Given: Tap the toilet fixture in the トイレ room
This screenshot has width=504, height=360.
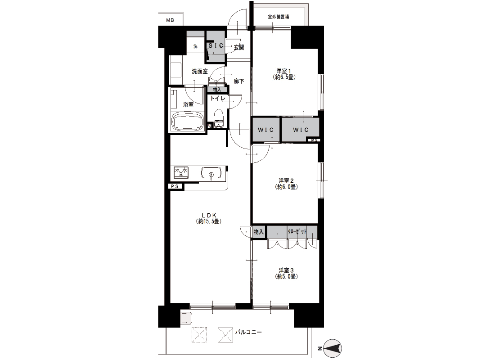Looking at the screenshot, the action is [x=219, y=119].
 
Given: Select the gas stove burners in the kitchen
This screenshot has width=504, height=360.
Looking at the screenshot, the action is [x=181, y=173].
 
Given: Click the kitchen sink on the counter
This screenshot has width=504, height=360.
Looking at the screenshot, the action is [x=211, y=173].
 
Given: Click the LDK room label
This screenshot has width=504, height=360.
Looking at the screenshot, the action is [x=208, y=218].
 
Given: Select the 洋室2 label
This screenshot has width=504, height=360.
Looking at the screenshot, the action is [x=286, y=184].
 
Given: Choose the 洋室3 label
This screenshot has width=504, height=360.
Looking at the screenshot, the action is [x=286, y=273].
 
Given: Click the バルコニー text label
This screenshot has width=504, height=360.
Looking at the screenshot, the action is [x=248, y=332].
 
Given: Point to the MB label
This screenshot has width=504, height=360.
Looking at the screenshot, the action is [x=170, y=20].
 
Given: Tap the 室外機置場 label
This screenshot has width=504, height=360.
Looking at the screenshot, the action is [x=279, y=17].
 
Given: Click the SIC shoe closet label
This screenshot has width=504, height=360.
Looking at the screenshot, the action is [x=216, y=46].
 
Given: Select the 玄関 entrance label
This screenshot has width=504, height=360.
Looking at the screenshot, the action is [x=239, y=48].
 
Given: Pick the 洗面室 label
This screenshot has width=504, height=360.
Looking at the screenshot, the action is [x=200, y=72].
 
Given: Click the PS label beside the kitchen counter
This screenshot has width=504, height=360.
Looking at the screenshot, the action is [x=175, y=186].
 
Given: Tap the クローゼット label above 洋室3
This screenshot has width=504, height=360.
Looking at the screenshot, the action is [x=297, y=231].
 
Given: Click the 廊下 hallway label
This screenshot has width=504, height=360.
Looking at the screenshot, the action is [x=239, y=81].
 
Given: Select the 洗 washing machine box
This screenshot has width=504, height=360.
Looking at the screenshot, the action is [x=195, y=46].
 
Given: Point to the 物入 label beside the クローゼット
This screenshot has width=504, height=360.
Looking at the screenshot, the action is [x=259, y=232].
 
